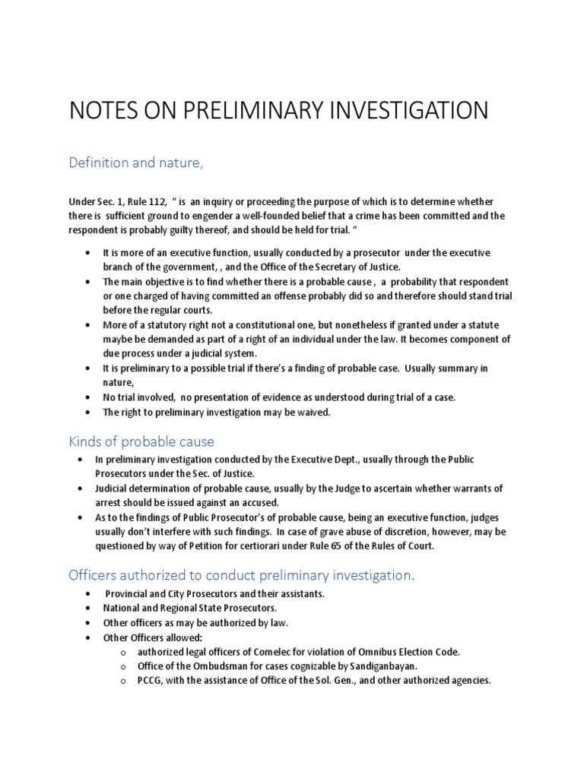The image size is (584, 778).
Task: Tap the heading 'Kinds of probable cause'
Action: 141,441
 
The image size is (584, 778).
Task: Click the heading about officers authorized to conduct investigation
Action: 242,575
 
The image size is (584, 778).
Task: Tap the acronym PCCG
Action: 151,681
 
